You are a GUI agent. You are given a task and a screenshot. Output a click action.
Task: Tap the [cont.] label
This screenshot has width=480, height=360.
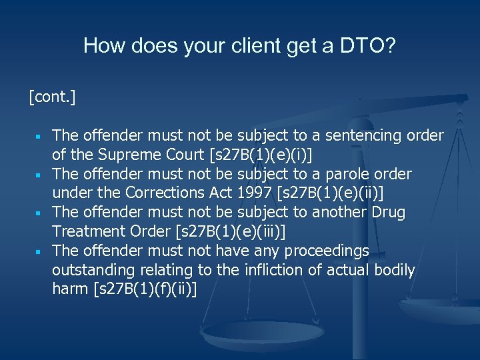52,98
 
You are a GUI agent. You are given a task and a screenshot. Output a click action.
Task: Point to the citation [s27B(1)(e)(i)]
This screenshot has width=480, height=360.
261,155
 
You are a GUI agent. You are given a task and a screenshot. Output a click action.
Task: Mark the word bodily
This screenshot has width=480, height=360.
393,271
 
